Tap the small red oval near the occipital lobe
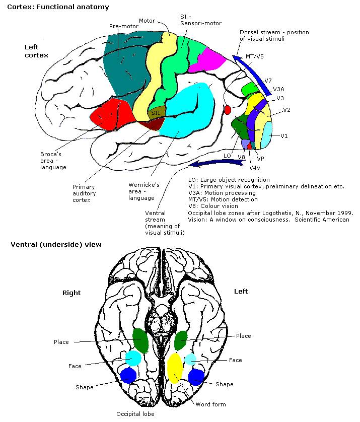pyautogui.click(x=227, y=109)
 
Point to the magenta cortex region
pyautogui.click(x=213, y=60)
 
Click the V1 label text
pyautogui.click(x=284, y=136)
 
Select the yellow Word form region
pyautogui.click(x=175, y=368)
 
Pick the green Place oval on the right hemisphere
pyautogui.click(x=140, y=340)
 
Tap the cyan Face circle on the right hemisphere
pyautogui.click(x=133, y=358)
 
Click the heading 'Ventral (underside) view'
pyautogui.click(x=56, y=245)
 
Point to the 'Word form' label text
pyautogui.click(x=211, y=404)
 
